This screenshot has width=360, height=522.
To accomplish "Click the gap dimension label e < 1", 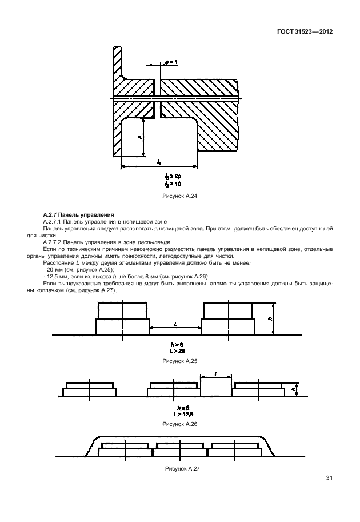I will pos(170,61).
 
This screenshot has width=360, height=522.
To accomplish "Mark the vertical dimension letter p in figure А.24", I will pos(138,137).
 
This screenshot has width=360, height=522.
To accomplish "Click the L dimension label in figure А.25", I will pos(175,324).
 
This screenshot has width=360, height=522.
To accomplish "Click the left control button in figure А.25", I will pos(123,318).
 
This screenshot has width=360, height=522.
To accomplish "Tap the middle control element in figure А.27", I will pos(179,449).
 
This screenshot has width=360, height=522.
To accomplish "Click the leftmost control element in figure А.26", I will pos(90,389).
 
